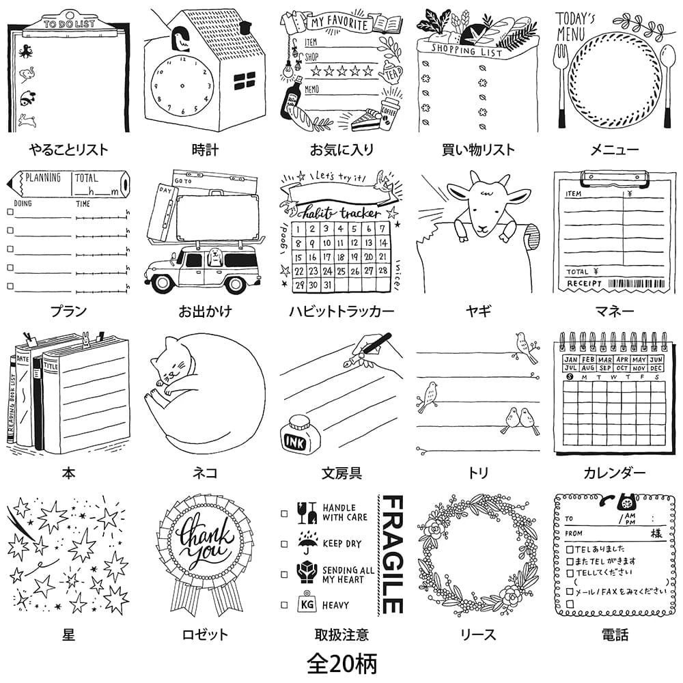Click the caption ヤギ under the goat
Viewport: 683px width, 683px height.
[478, 311]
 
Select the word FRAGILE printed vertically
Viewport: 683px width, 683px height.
[391, 554]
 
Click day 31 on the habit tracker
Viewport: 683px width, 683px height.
[330, 286]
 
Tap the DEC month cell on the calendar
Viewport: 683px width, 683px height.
[656, 369]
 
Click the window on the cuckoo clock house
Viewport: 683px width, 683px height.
[244, 81]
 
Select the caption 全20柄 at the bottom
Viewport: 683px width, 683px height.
[341, 663]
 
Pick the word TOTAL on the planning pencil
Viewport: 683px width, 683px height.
[87, 178]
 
